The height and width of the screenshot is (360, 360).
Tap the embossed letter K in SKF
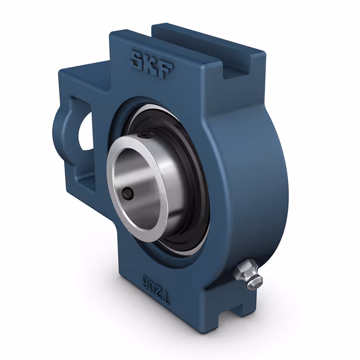pos(150,62)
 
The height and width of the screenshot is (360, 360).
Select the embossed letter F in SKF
pos(164,65)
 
